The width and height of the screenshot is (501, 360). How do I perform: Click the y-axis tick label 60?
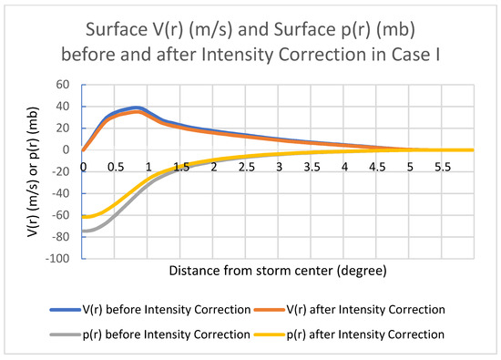pos(63,85)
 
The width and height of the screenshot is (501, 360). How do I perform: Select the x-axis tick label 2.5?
pos(247,167)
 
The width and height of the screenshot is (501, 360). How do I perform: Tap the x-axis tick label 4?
pos(345,167)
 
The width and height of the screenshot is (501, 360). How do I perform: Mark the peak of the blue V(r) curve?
pos(137,108)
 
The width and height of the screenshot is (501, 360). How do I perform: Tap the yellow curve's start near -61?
pos(85,216)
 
